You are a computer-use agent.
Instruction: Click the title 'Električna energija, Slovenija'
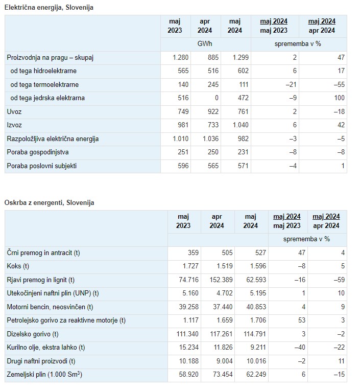(49, 8)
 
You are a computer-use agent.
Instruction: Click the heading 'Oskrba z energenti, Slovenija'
(49, 203)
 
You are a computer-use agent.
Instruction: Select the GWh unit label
(205, 44)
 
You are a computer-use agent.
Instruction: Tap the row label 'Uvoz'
(14, 111)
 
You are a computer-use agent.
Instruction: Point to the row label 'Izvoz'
(14, 125)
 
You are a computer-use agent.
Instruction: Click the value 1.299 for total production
(241, 57)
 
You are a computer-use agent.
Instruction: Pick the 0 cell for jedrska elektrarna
(217, 98)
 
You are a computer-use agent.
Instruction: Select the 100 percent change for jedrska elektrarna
(339, 98)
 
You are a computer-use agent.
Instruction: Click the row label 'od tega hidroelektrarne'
(43, 71)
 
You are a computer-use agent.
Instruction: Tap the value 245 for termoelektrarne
(213, 84)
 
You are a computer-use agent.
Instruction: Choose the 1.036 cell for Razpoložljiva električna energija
(211, 139)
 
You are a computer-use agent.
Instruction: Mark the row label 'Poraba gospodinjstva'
(38, 152)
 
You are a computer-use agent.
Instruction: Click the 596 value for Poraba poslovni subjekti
(183, 166)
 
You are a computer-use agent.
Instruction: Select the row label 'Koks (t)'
(18, 266)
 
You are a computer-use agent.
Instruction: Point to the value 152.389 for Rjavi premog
(221, 280)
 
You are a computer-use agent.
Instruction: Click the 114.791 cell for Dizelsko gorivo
(255, 334)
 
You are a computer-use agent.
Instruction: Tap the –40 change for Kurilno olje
(299, 347)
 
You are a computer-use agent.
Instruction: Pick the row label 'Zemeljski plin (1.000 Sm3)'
(44, 374)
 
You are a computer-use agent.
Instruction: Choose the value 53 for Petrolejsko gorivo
(302, 320)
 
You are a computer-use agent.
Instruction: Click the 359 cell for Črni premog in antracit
(193, 253)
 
